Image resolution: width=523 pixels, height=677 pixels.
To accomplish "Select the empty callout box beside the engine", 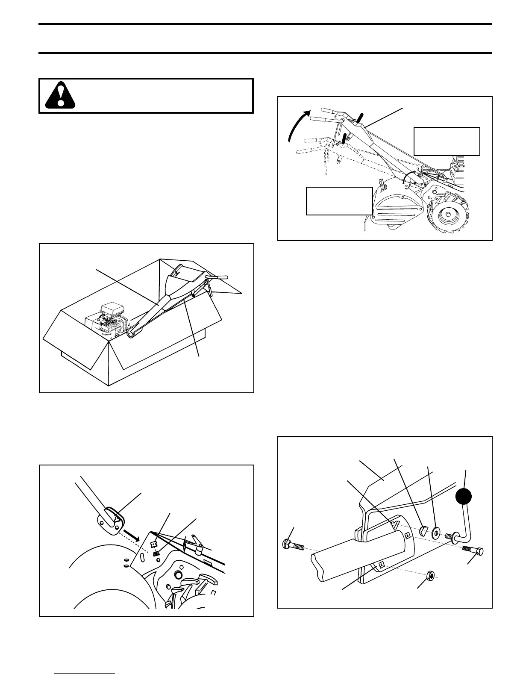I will pos(447,141).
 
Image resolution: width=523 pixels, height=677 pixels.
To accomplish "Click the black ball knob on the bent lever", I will pos(464,497).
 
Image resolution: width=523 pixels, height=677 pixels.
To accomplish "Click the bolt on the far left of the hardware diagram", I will pos(293,544).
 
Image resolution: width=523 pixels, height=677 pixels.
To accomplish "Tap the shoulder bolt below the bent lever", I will pos(475,551).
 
